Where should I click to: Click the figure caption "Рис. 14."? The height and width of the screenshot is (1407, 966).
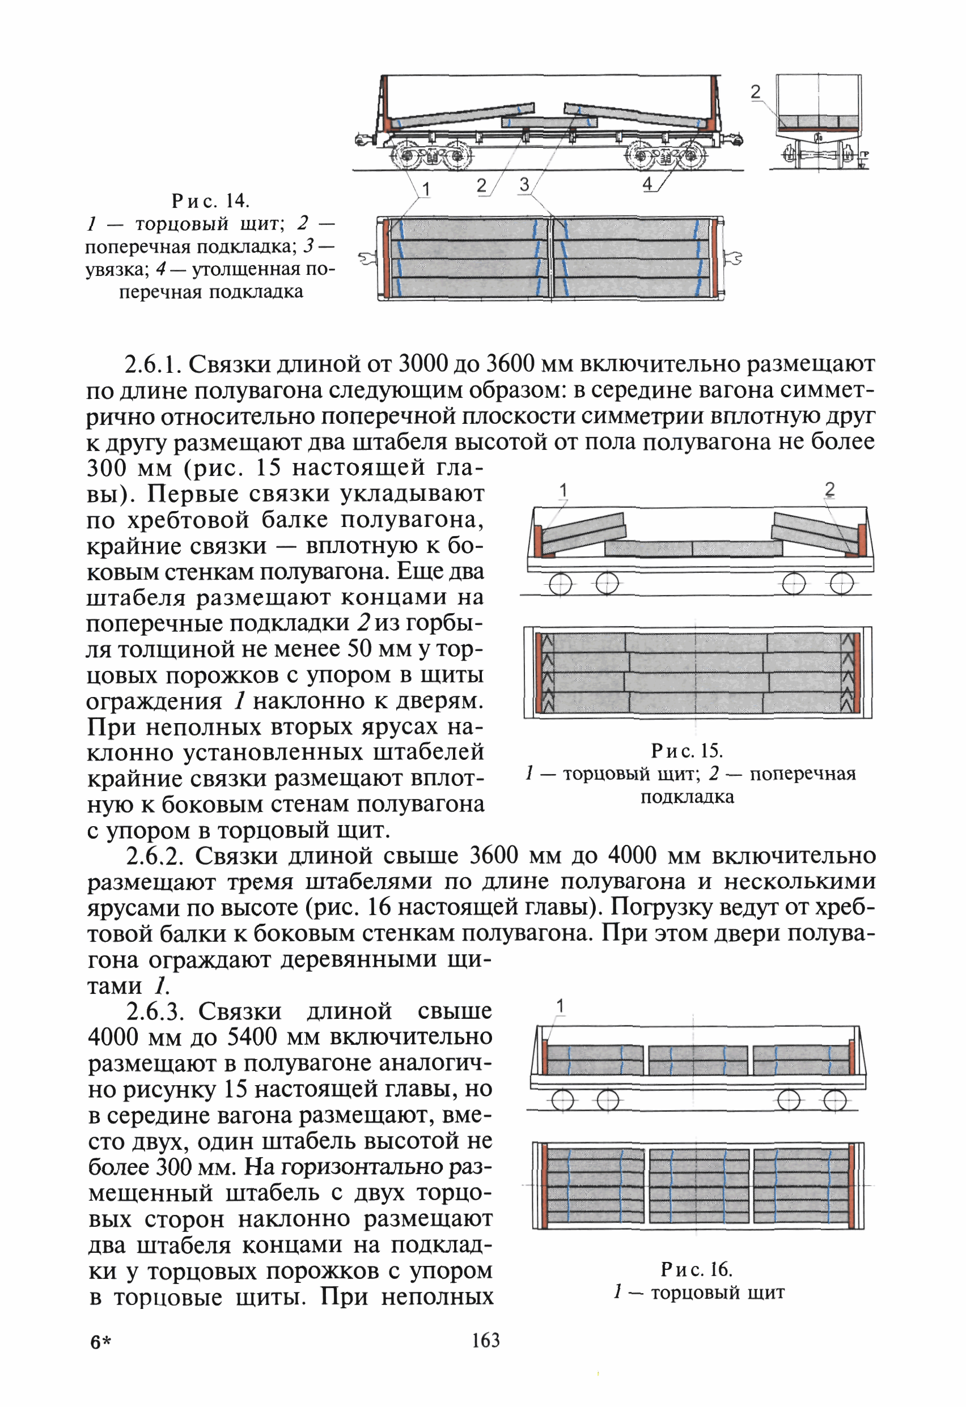coord(210,201)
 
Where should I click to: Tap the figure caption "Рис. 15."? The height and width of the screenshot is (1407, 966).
coord(686,751)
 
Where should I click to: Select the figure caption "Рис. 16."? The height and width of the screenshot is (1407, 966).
coord(696,1269)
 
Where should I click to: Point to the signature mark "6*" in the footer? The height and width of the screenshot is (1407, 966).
coord(101,1342)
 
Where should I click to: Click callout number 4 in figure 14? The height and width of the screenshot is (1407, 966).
coord(647,183)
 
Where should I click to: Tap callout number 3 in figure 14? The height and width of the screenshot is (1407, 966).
coord(524,184)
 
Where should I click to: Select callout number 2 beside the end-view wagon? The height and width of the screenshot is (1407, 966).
coord(755,92)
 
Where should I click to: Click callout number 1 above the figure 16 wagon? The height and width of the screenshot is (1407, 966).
coord(560,1006)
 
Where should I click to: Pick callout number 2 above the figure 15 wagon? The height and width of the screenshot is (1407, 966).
coord(830,489)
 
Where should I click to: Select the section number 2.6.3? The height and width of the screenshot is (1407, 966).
coord(160,1011)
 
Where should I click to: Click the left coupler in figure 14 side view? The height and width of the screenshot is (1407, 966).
coord(362,140)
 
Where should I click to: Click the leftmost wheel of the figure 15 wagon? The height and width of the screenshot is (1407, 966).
coord(560,584)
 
